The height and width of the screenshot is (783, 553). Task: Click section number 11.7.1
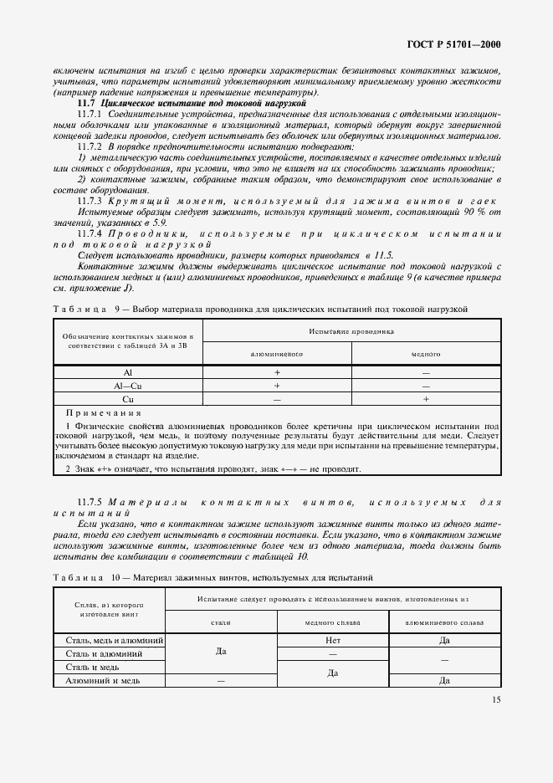(90, 112)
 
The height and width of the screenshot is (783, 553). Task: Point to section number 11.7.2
(90, 146)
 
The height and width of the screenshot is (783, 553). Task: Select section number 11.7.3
(90, 202)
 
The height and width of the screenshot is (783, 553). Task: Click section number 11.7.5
(90, 502)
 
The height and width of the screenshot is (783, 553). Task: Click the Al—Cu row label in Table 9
(127, 386)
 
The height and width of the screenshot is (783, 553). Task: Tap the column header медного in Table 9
(426, 354)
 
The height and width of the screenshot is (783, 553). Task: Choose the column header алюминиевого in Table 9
(276, 354)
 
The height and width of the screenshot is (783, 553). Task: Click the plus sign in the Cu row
(426, 399)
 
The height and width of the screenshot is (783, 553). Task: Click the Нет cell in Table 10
(333, 640)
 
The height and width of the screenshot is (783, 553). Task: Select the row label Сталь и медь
(92, 667)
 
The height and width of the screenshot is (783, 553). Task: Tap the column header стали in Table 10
(221, 622)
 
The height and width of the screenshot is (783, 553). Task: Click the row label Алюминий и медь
(102, 681)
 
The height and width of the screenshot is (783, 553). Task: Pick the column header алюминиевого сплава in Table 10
(444, 622)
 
